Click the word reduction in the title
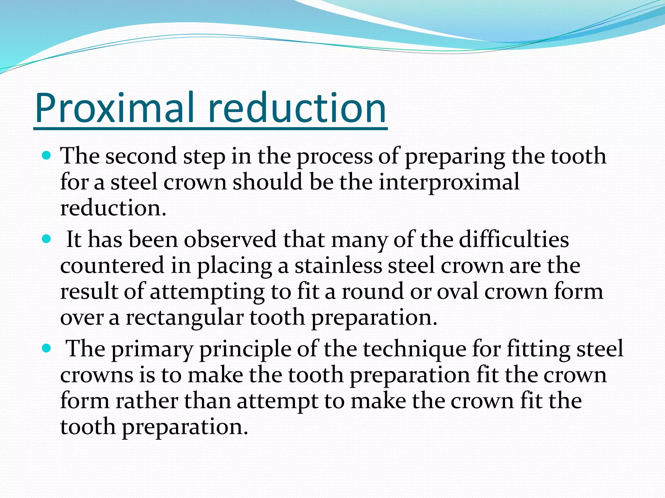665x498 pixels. [297, 108]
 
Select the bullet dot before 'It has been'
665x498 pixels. [47, 240]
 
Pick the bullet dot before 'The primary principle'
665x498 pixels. [47, 349]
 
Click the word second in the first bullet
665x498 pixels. [141, 156]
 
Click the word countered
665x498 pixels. [112, 266]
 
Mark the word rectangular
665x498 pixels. [184, 317]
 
